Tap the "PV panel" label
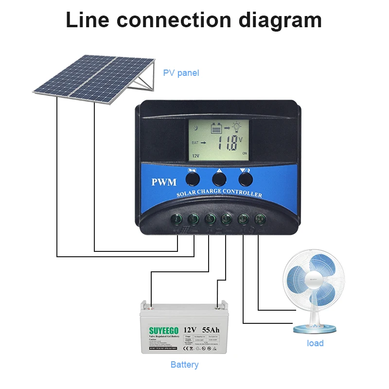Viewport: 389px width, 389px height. [181, 73]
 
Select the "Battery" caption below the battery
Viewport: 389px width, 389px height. [184, 364]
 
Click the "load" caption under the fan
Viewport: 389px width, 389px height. [315, 343]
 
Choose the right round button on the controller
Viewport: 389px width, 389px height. [246, 179]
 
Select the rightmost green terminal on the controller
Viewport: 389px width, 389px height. [260, 219]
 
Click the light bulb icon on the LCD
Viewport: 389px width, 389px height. [236, 127]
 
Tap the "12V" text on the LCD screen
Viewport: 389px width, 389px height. [195, 156]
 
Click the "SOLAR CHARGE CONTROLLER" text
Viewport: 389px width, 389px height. [219, 193]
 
